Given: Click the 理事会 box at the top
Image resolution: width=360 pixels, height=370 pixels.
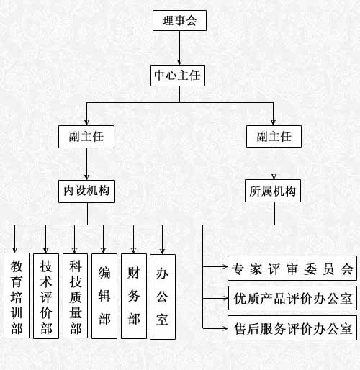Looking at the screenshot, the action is pyautogui.click(x=179, y=20).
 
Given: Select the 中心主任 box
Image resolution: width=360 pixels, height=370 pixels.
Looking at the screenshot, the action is pyautogui.click(x=178, y=76).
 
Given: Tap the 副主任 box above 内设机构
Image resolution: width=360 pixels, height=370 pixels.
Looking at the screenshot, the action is pyautogui.click(x=86, y=137).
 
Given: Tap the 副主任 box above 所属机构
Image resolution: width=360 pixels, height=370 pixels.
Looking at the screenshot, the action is pyautogui.click(x=274, y=136).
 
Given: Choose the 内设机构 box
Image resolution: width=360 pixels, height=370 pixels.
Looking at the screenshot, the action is pyautogui.click(x=86, y=191).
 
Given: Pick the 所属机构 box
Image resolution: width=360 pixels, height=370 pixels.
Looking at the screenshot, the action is pyautogui.click(x=273, y=191).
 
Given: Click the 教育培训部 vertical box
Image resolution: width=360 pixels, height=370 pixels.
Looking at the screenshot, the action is pyautogui.click(x=17, y=295).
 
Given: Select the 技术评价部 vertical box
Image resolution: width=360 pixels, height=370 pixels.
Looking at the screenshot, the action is pyautogui.click(x=46, y=296).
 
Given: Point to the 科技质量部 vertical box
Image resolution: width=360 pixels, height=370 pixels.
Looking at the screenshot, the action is pyautogui.click(x=75, y=296).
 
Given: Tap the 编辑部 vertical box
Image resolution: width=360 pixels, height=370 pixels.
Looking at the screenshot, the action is pyautogui.click(x=104, y=296).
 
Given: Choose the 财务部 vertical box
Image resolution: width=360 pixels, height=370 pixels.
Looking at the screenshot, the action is pyautogui.click(x=134, y=296).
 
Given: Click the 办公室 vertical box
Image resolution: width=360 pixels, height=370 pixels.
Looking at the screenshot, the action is pyautogui.click(x=163, y=297).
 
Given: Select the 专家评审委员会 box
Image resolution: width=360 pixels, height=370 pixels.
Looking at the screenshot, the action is pyautogui.click(x=292, y=269).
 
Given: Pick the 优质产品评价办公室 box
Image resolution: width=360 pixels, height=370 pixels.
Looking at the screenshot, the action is pyautogui.click(x=292, y=298).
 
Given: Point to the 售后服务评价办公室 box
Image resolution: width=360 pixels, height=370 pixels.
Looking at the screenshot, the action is pyautogui.click(x=292, y=328).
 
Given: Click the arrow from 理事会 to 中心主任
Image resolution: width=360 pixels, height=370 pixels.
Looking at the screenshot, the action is pyautogui.click(x=179, y=48).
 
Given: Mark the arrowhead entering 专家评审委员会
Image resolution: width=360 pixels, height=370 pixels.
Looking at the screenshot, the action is pyautogui.click(x=225, y=266).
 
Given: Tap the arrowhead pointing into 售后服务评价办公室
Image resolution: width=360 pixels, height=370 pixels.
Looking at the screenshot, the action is pyautogui.click(x=225, y=328).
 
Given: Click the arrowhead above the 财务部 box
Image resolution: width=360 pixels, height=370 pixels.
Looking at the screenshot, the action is pyautogui.click(x=134, y=251).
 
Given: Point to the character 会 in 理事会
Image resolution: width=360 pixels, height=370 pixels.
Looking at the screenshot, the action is pyautogui.click(x=191, y=21).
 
